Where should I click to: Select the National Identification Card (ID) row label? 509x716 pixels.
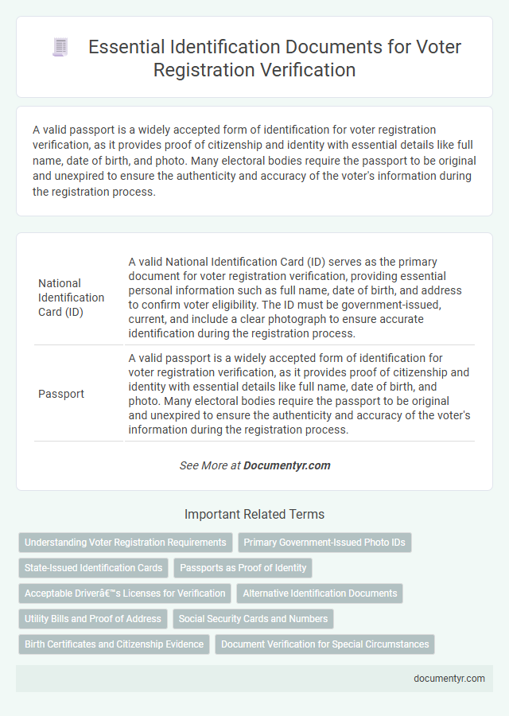[72, 298]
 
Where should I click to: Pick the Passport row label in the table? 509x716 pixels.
[60, 393]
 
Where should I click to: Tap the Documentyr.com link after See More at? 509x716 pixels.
[287, 465]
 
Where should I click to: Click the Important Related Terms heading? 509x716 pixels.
[254, 514]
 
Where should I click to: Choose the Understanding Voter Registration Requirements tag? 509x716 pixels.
[126, 543]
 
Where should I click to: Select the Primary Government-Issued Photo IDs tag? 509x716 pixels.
[324, 543]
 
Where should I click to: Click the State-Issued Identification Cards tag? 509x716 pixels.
[94, 568]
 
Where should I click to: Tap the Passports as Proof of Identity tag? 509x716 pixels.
[243, 568]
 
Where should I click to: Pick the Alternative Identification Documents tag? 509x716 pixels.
[320, 593]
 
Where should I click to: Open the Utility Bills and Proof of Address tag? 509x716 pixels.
[93, 619]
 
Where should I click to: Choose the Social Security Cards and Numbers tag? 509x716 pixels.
[253, 619]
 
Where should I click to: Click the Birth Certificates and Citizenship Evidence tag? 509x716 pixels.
[114, 644]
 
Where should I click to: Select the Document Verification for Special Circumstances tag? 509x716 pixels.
[325, 644]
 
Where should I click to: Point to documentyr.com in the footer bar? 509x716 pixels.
[449, 679]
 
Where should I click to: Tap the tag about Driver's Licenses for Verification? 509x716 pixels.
[125, 593]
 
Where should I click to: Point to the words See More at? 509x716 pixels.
[209, 465]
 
